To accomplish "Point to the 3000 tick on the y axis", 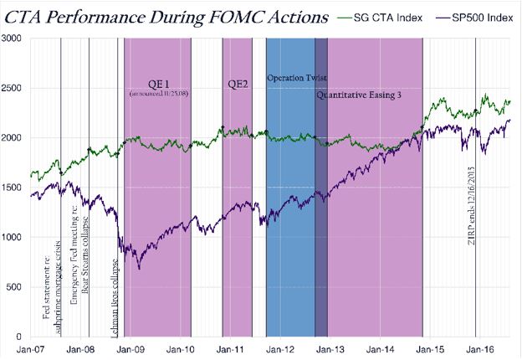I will pos(14,39).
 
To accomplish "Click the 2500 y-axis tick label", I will pos(14,88).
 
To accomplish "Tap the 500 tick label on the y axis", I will pos(18,287).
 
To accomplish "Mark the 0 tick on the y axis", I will pos(22,337).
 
